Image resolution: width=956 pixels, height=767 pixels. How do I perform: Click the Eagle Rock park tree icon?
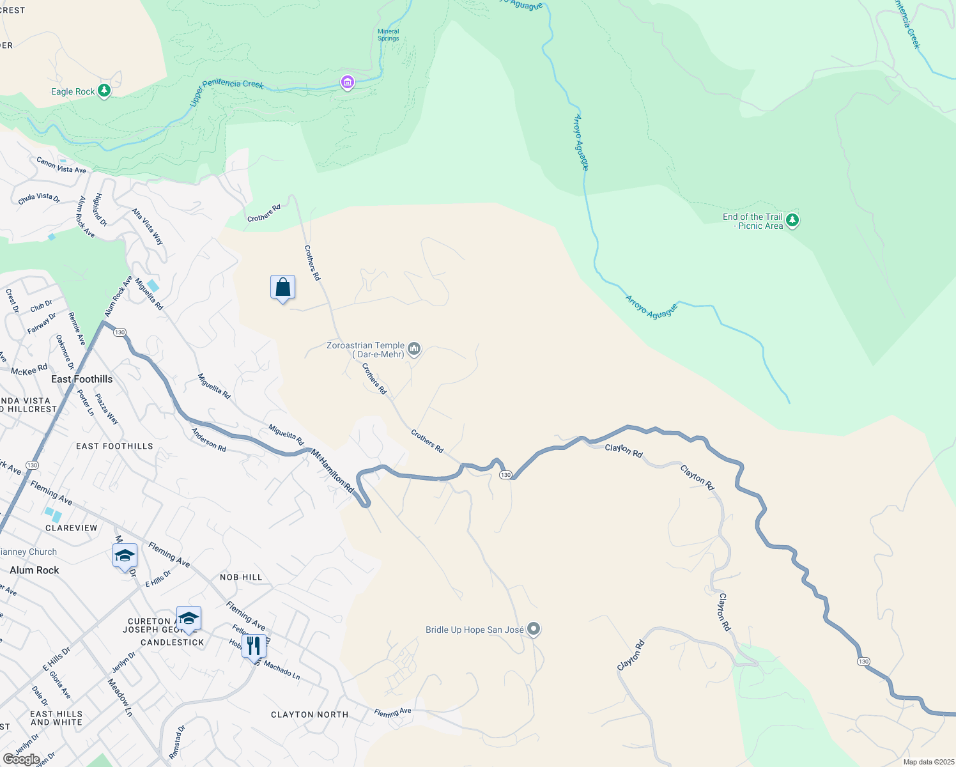coord(104,91)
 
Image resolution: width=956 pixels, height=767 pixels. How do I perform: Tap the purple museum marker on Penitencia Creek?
coord(347,82)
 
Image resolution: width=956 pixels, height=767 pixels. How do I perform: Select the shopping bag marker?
coord(282,288)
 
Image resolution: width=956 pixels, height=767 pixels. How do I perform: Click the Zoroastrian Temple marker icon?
coord(414,348)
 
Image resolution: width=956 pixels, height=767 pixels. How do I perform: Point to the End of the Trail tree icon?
coord(792,221)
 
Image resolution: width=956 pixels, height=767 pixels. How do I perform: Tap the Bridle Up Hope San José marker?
coord(534,630)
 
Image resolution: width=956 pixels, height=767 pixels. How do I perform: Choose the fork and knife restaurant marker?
coord(254,646)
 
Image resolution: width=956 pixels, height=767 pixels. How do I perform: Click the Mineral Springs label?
coord(388,35)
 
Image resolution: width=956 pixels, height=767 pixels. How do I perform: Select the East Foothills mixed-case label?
coord(82,379)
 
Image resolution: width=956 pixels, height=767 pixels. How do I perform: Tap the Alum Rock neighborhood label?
coord(35,570)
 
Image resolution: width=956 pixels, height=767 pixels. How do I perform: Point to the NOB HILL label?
coord(241,577)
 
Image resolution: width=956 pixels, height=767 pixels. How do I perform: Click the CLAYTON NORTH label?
coord(310,715)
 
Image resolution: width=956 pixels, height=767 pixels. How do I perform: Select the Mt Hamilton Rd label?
coord(332,470)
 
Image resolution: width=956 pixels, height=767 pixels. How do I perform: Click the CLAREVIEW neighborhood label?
coord(72,528)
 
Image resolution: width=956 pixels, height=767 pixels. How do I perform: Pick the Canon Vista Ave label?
coord(61,166)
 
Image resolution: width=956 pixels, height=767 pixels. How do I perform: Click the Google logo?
coord(21,759)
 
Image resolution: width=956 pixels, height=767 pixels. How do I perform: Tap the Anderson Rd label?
coord(209,440)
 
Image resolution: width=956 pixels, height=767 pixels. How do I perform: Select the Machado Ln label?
coord(282,670)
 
